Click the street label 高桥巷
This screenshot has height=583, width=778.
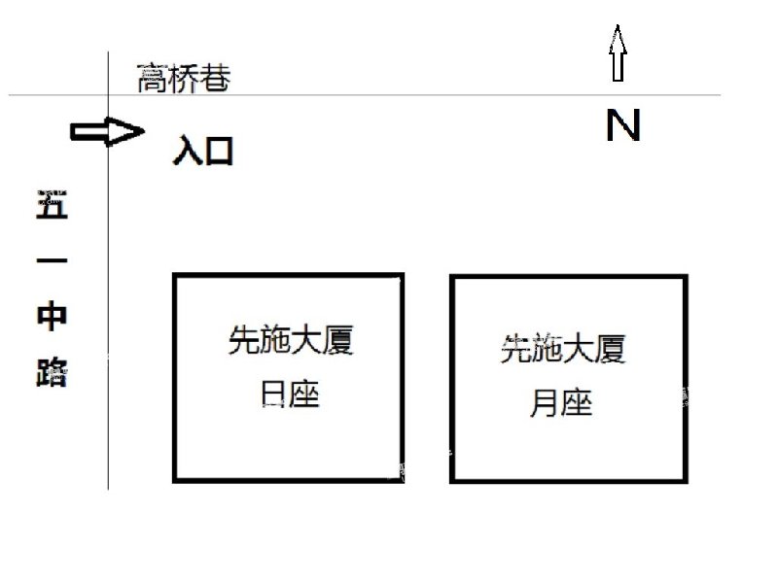[x=184, y=78]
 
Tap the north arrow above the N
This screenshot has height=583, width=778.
[x=618, y=53]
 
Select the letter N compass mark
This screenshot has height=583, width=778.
[x=623, y=125]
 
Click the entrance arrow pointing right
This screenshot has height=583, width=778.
[x=107, y=131]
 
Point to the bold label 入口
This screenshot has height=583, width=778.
[x=203, y=151]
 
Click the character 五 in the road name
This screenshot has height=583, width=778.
[x=53, y=204]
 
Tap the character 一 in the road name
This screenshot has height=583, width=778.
[x=52, y=260]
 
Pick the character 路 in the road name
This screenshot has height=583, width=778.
[x=52, y=372]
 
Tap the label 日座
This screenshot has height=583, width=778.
[x=290, y=394]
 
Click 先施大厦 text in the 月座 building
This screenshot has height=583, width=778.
[x=563, y=349]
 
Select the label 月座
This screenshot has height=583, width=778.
[x=561, y=402]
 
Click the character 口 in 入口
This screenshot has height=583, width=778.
[x=220, y=152]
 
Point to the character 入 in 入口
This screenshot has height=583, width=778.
[x=187, y=151]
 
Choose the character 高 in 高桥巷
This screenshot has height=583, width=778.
[x=152, y=78]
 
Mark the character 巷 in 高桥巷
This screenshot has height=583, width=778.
[x=215, y=78]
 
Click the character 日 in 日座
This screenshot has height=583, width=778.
[x=273, y=394]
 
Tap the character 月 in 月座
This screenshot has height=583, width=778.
[x=545, y=402]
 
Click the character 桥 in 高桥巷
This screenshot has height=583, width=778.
[x=184, y=78]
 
